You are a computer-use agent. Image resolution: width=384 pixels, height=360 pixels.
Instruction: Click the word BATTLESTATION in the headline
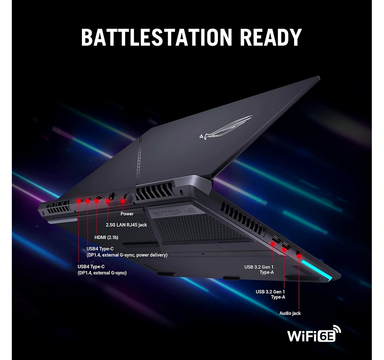tap(156, 37)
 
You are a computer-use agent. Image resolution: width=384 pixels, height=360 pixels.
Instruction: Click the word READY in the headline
tap(271, 37)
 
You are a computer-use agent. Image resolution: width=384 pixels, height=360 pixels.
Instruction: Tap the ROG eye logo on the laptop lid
tap(226, 128)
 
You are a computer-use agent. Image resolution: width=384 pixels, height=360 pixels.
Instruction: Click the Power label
tap(127, 214)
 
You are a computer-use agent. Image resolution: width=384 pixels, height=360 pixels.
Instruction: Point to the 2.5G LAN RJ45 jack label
tap(126, 225)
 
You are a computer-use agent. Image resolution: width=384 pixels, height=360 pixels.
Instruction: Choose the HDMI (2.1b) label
tap(106, 237)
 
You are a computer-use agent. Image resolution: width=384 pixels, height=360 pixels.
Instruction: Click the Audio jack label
tap(290, 313)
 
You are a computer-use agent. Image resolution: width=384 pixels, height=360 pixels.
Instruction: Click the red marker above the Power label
tap(123, 201)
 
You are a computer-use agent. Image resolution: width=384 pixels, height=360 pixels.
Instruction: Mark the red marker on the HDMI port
tap(97, 201)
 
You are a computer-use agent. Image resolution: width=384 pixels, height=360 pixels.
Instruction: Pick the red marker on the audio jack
tap(299, 256)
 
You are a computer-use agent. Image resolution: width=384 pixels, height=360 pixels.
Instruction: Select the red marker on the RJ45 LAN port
tap(108, 201)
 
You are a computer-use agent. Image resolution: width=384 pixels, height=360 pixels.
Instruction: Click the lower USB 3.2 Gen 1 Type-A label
tap(270, 294)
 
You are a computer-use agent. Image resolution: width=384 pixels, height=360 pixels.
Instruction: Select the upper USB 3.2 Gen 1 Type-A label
tap(259, 270)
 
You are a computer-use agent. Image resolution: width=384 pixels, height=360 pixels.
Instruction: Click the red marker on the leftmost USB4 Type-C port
tap(79, 201)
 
